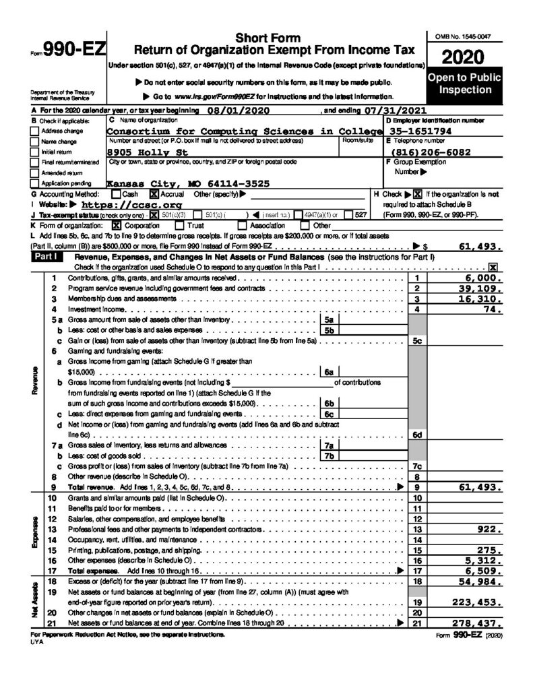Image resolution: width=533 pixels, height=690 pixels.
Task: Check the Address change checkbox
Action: [35, 131]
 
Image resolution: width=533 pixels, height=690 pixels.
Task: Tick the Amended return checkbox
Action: [35, 172]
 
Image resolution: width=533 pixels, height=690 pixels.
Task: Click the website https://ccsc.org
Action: [131, 204]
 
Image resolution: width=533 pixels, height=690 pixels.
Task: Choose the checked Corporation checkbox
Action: [117, 225]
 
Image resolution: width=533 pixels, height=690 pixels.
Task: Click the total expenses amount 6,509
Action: [481, 571]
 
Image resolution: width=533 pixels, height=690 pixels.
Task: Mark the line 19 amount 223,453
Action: [474, 602]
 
